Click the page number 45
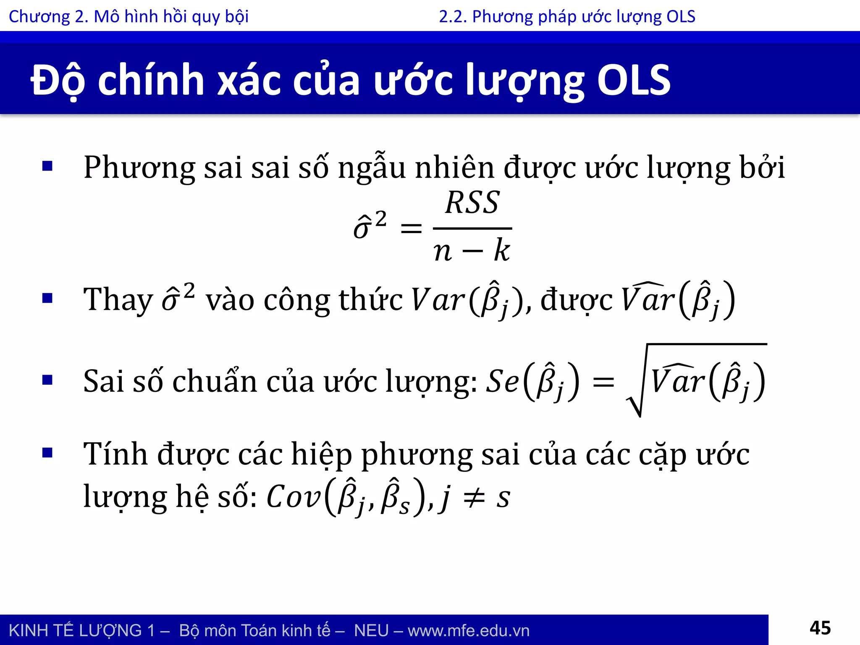pyautogui.click(x=820, y=628)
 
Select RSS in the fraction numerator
pyautogui.click(x=472, y=203)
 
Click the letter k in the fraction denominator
pyautogui.click(x=501, y=251)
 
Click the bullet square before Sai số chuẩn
pyautogui.click(x=47, y=380)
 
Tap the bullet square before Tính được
pyautogui.click(x=47, y=453)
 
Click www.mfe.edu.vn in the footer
pyautogui.click(x=468, y=631)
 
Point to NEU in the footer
pyautogui.click(x=371, y=631)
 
